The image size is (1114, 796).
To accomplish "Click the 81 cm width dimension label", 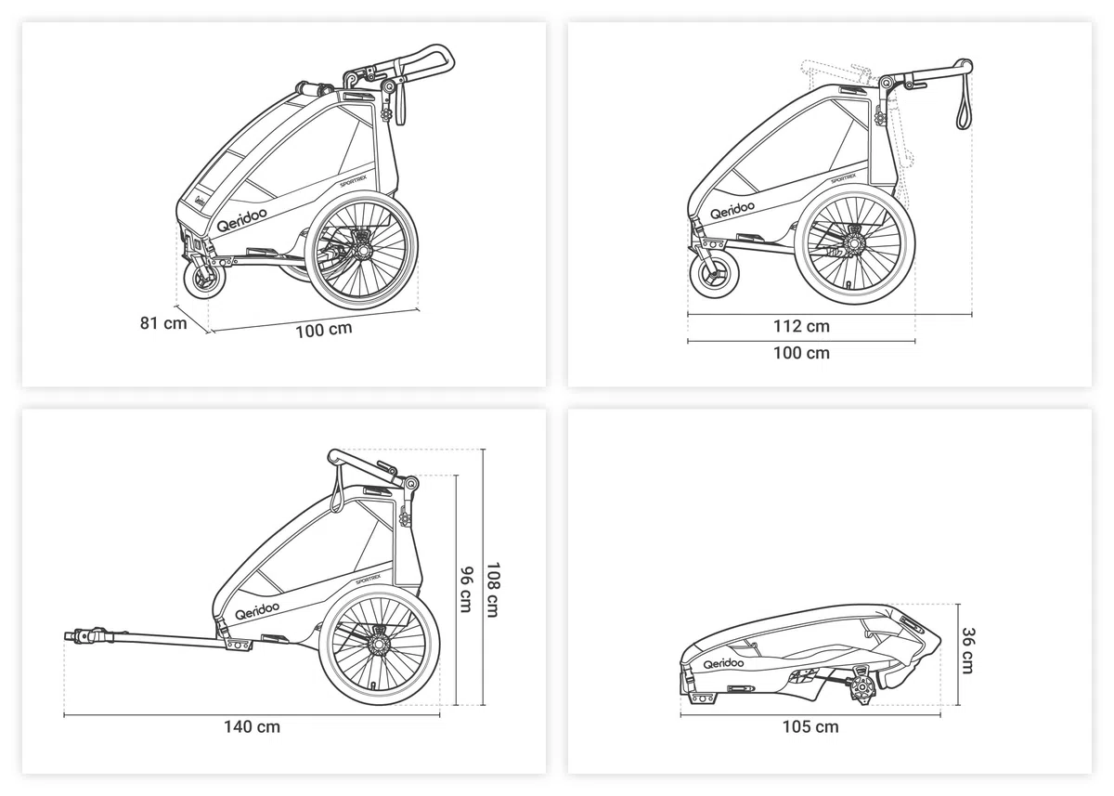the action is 163,323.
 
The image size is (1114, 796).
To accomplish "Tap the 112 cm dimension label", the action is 801,326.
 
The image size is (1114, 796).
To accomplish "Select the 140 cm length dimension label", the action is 252,727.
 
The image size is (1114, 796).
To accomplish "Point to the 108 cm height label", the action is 492,590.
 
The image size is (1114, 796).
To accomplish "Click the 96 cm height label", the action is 466,590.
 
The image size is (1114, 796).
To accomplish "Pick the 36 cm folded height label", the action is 967,651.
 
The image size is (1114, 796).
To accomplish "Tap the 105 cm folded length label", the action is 810,727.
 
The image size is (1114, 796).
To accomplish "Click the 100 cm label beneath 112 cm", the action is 801,353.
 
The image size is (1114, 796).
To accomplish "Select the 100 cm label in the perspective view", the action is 324,330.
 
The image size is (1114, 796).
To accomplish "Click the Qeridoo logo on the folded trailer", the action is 723,663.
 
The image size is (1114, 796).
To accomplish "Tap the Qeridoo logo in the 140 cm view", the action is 256,610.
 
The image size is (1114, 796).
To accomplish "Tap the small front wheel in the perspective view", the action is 204,282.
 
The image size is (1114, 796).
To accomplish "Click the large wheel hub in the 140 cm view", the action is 379,646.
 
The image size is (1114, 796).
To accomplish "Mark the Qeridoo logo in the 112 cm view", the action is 732,210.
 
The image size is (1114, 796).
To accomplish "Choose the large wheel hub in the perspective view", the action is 360,249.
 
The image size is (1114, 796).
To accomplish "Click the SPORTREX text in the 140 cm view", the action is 369,579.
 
